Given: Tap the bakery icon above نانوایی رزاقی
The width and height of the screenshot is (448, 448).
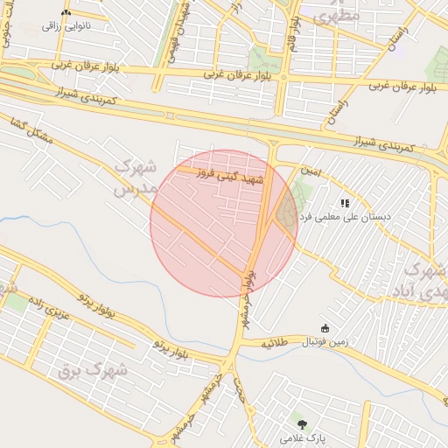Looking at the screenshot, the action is coord(66,13).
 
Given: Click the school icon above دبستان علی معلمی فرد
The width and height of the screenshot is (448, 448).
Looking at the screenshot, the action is coord(345,202).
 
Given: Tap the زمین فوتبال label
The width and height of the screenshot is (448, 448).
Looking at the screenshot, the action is coord(325,341).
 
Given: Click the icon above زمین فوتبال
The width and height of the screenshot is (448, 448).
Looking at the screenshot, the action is coord(325,328).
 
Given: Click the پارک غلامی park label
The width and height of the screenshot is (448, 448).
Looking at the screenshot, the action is coord(302,435).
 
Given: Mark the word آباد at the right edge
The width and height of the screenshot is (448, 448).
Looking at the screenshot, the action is coord(430,293).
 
